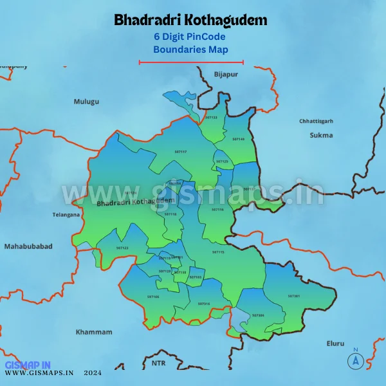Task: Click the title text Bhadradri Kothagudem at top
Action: click(x=190, y=20)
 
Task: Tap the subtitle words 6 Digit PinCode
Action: click(x=190, y=37)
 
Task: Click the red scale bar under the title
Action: click(x=191, y=62)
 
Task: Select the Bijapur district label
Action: click(x=226, y=75)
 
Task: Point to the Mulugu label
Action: click(x=86, y=102)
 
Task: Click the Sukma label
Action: click(x=321, y=135)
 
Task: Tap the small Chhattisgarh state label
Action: click(x=316, y=121)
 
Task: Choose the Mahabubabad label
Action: click(x=28, y=246)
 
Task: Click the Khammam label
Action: click(x=93, y=332)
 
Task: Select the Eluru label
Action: click(x=335, y=344)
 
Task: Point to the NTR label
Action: click(x=158, y=363)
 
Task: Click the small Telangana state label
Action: click(x=66, y=215)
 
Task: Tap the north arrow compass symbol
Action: click(x=354, y=360)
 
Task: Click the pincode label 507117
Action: click(x=180, y=151)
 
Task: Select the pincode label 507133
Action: click(x=211, y=118)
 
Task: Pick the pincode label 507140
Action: click(x=239, y=139)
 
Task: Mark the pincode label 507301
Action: click(x=294, y=296)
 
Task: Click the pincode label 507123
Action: click(x=122, y=248)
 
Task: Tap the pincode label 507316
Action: click(x=204, y=304)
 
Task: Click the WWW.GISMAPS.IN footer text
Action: click(x=39, y=372)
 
